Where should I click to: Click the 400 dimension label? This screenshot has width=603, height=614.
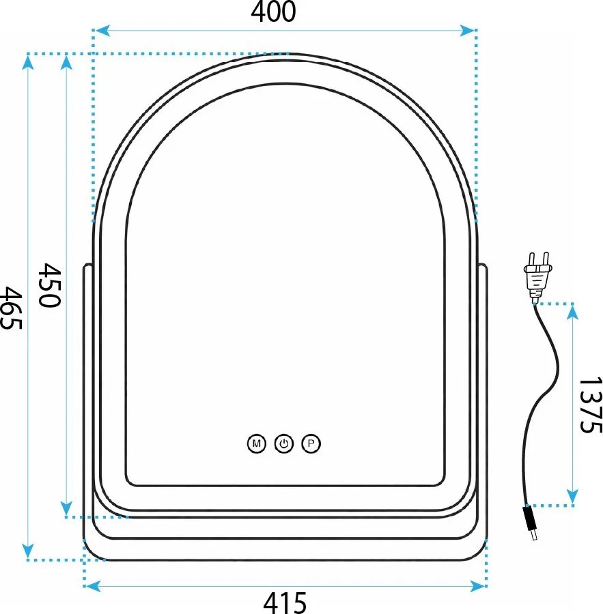274,12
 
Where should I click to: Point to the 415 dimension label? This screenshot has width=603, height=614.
285,602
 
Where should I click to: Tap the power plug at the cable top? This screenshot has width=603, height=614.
537,276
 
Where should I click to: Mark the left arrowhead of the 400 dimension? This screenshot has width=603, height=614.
100,31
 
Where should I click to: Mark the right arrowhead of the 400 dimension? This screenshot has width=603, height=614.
468,31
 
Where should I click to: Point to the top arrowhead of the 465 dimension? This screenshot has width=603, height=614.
28,61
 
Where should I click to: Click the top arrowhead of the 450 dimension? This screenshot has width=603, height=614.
66,61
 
